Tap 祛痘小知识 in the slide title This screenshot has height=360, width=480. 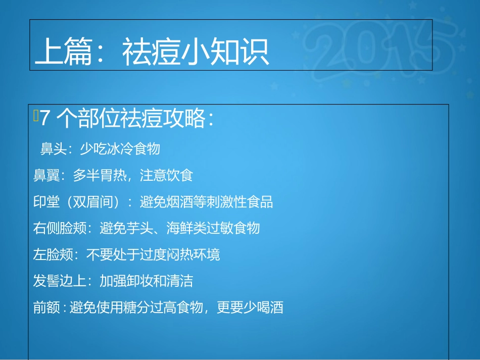pyautogui.click(x=196, y=53)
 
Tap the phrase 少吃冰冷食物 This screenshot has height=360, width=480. pyautogui.click(x=120, y=148)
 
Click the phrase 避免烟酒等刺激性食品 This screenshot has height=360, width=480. pyautogui.click(x=206, y=202)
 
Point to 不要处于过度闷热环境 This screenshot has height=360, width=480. pyautogui.click(x=153, y=254)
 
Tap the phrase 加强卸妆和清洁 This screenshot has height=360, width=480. pyautogui.click(x=146, y=281)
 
